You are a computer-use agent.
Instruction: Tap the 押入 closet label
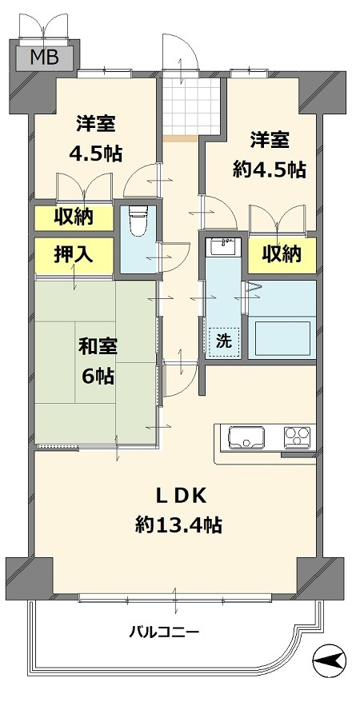pos(74,254)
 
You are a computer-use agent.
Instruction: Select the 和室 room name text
pos(98,347)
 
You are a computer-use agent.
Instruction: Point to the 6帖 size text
pos(98,377)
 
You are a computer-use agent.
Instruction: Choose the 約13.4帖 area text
pos(179,525)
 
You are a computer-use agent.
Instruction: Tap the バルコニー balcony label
pos(164,632)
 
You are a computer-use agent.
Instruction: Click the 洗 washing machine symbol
pos(223,340)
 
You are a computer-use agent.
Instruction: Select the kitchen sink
pos(246,438)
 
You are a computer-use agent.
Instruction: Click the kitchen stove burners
pos(298,437)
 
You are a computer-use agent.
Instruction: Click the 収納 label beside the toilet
pos(74,216)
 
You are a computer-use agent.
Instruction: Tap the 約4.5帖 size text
pos(268,169)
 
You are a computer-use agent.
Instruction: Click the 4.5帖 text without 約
pos(96,154)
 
